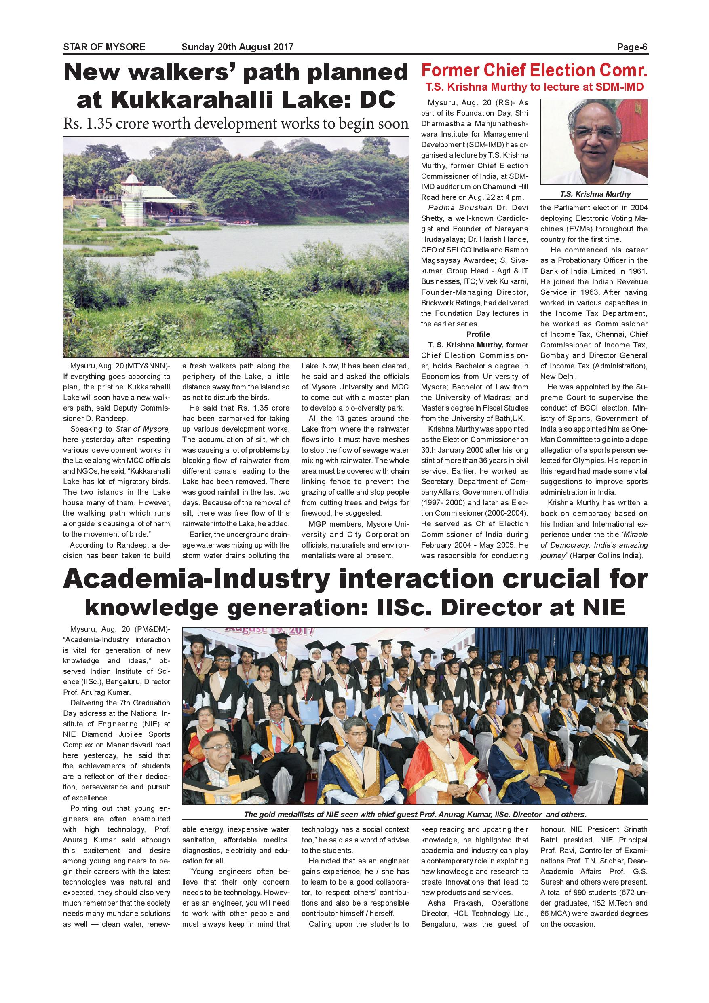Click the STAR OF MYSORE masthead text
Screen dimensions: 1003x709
104,47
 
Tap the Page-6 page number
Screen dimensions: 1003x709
632,47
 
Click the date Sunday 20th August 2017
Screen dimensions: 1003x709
238,47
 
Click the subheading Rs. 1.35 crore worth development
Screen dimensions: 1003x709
236,124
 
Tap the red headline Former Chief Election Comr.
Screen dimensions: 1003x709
534,70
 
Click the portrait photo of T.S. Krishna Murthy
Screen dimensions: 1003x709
594,142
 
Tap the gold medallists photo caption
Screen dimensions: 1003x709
415,814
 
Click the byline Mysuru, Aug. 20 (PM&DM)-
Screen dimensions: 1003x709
116,629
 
